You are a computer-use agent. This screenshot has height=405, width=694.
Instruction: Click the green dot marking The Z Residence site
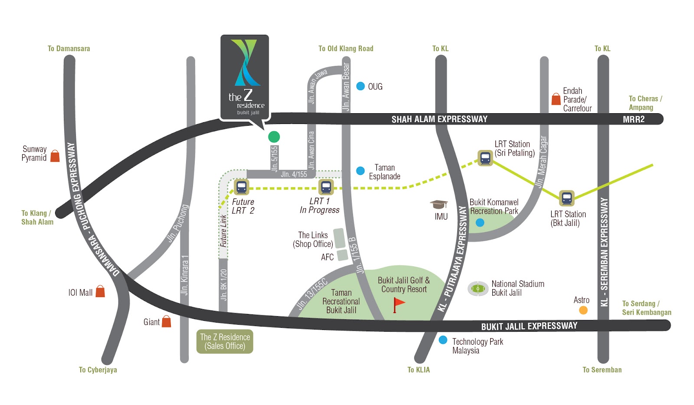click(274, 137)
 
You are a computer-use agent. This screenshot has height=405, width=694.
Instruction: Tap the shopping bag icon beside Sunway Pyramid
click(55, 156)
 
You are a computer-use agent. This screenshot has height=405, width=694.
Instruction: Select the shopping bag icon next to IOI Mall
click(100, 291)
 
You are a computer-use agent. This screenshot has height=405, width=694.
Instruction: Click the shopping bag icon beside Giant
click(166, 321)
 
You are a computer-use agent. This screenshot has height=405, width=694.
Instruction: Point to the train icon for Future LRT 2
click(241, 187)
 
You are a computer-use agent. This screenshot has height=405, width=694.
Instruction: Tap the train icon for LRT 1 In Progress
click(326, 187)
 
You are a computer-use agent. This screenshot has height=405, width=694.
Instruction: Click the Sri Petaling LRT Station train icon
click(485, 158)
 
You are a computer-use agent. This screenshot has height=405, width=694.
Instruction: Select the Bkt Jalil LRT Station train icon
click(566, 198)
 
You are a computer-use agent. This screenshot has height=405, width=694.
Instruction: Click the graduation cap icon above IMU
click(439, 204)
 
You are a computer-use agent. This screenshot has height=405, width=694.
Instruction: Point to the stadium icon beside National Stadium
click(478, 288)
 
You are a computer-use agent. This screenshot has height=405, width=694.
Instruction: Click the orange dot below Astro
click(583, 310)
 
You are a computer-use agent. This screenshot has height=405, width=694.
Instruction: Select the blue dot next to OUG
click(360, 86)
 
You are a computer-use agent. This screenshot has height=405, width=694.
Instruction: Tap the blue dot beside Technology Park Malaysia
click(443, 340)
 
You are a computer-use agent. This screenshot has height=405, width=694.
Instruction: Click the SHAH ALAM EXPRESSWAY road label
click(439, 119)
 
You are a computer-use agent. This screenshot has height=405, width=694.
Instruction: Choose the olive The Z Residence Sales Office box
click(225, 342)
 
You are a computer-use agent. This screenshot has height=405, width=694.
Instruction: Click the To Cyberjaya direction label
click(98, 370)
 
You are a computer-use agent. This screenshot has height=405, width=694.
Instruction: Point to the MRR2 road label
click(633, 120)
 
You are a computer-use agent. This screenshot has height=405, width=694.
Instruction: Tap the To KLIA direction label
click(419, 370)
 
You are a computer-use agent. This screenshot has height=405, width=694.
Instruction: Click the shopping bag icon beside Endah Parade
click(556, 99)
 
